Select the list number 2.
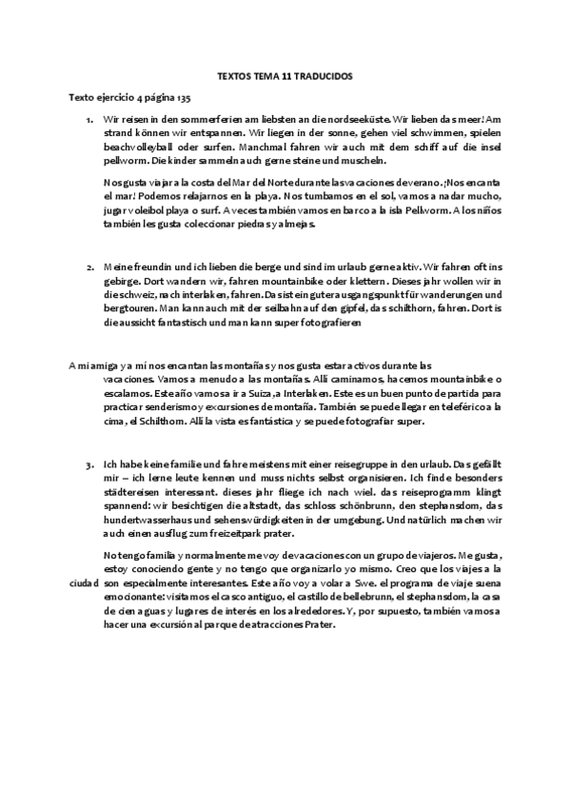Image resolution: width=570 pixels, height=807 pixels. click(89, 269)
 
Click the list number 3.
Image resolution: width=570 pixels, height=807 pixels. click(89, 465)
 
